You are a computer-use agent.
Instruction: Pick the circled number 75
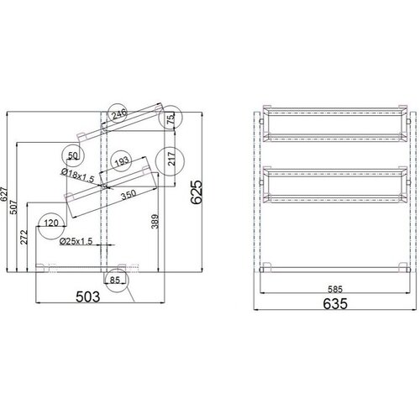(171, 120)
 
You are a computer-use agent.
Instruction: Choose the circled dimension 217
(171, 159)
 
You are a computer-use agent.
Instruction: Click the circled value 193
(122, 160)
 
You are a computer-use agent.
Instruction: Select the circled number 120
(51, 223)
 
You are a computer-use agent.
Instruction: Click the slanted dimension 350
(129, 196)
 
